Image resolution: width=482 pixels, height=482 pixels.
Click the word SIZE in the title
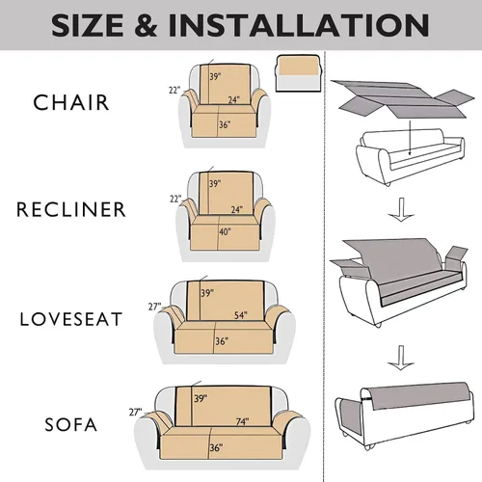pyautogui.click(x=88, y=25)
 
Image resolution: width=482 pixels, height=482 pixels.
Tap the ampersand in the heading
pyautogui.click(x=147, y=25)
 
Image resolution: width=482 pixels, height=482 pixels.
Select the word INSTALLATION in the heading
pyautogui.click(x=299, y=25)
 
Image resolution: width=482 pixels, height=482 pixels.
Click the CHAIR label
pyautogui.click(x=71, y=103)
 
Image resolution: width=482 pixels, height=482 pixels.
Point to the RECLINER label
pyautogui.click(x=71, y=209)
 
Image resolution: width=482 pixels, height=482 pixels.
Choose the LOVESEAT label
pyautogui.click(x=71, y=319)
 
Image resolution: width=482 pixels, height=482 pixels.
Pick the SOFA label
pyautogui.click(x=71, y=424)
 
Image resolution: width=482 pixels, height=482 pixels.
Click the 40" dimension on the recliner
pyautogui.click(x=225, y=231)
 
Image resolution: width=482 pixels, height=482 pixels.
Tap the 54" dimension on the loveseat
pyautogui.click(x=241, y=315)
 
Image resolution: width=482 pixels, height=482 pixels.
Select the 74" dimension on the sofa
pyautogui.click(x=242, y=421)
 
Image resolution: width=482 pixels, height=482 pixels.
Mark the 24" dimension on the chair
pyautogui.click(x=234, y=100)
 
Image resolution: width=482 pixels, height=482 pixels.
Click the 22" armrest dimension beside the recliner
pyautogui.click(x=175, y=199)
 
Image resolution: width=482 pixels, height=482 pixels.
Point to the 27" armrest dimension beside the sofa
pyautogui.click(x=135, y=412)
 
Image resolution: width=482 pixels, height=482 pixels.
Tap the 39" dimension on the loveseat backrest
pyautogui.click(x=207, y=293)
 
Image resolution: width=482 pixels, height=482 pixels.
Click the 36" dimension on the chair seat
pyautogui.click(x=225, y=124)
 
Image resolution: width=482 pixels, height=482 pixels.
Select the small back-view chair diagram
pyautogui.click(x=298, y=73)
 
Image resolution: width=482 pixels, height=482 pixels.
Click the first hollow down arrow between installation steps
pyautogui.click(x=401, y=209)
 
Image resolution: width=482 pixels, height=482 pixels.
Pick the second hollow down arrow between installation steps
pyautogui.click(x=400, y=358)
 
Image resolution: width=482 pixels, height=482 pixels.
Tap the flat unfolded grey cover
pyautogui.click(x=402, y=98)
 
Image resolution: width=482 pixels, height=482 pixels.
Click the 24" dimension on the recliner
pyautogui.click(x=237, y=209)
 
